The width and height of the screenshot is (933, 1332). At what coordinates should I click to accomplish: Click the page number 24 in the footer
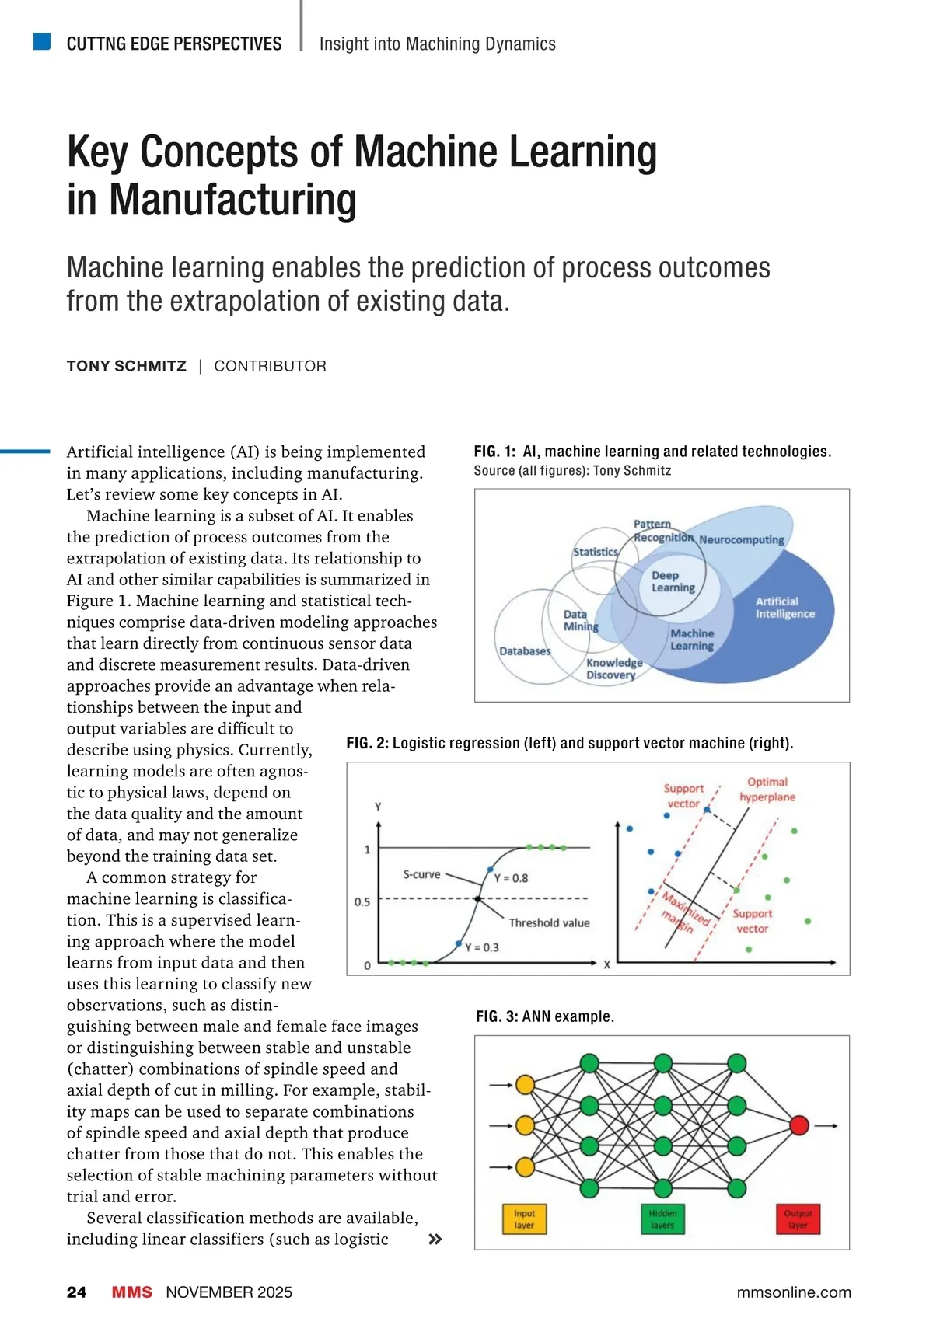76,1292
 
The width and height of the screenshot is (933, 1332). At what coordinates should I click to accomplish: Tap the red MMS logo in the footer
131,1292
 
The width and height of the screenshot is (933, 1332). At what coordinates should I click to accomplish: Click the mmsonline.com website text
793,1292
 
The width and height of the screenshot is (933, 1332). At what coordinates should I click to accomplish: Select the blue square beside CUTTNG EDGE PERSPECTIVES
42,41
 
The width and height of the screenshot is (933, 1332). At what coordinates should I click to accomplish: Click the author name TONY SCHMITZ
126,366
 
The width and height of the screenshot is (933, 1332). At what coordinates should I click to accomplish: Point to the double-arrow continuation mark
435,1239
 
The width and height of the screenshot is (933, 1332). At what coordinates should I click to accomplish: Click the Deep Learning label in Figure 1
673,581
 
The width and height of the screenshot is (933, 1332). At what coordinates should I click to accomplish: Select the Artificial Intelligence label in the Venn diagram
784,607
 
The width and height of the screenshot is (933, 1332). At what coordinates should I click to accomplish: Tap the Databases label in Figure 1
524,651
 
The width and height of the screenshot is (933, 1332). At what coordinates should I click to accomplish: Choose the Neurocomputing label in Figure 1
741,539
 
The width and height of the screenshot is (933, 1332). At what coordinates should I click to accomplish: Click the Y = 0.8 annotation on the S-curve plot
511,878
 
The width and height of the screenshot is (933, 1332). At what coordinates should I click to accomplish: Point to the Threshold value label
549,922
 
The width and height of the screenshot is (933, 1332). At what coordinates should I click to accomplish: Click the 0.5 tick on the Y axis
362,901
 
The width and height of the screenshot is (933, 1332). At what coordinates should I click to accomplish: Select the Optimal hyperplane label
767,789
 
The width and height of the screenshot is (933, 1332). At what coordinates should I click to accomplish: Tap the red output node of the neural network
798,1125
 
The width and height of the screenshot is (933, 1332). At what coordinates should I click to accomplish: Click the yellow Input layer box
524,1219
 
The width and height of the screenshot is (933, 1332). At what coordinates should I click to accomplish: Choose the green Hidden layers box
662,1219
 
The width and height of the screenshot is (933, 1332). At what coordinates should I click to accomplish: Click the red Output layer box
798,1219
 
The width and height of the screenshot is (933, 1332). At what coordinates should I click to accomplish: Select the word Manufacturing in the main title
232,200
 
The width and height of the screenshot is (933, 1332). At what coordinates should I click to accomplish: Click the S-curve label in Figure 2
421,874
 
